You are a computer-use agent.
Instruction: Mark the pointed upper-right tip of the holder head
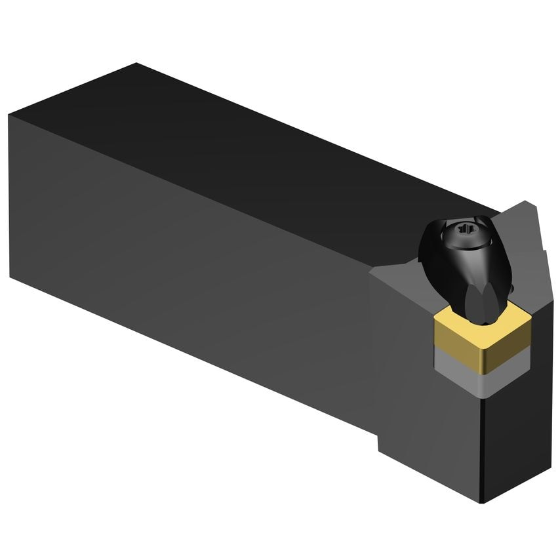pyautogui.click(x=529, y=202)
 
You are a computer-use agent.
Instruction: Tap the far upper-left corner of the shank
pyautogui.click(x=136, y=64)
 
